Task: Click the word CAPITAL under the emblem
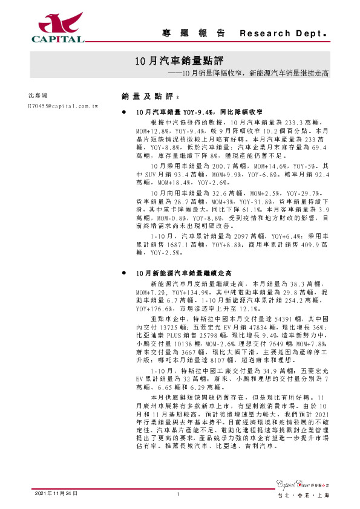point(58,40)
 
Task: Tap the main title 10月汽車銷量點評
point(178,61)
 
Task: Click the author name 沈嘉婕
point(38,96)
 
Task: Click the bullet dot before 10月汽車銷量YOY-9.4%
point(124,112)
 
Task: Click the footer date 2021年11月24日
point(56,494)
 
